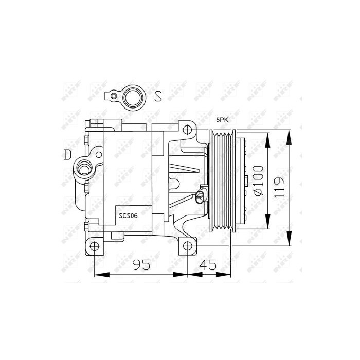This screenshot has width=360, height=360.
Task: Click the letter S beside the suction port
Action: [158, 96]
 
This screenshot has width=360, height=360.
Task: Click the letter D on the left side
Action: [67, 154]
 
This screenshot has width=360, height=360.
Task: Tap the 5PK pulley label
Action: [222, 119]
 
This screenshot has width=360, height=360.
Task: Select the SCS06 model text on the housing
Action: [128, 216]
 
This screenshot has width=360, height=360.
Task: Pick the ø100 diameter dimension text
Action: [258, 180]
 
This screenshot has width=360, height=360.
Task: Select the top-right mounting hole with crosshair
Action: [187, 129]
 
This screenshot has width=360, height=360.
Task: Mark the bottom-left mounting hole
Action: [94, 246]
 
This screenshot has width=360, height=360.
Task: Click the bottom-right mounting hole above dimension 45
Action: [187, 246]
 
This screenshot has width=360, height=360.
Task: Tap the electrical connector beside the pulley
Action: [201, 195]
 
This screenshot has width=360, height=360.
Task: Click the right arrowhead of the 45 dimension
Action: [230, 274]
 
